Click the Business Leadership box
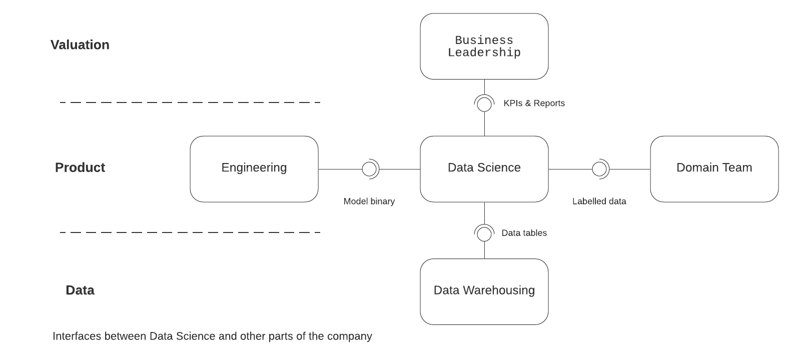coord(484,46)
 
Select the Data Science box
coord(484,168)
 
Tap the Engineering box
coord(254,168)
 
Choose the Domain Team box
coord(714,168)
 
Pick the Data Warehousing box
coord(484,291)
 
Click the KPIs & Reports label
coord(534,103)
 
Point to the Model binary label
coord(369,201)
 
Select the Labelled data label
coord(599,201)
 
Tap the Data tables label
coord(524,233)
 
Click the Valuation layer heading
coord(80,45)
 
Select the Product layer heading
coord(80,167)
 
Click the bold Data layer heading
coord(80,290)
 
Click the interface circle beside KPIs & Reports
coord(484,104)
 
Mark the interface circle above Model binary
coord(369,169)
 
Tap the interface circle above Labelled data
coord(599,169)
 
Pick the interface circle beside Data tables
coord(484,233)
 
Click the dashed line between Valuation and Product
coord(190,102)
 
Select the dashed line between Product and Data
coord(190,232)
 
